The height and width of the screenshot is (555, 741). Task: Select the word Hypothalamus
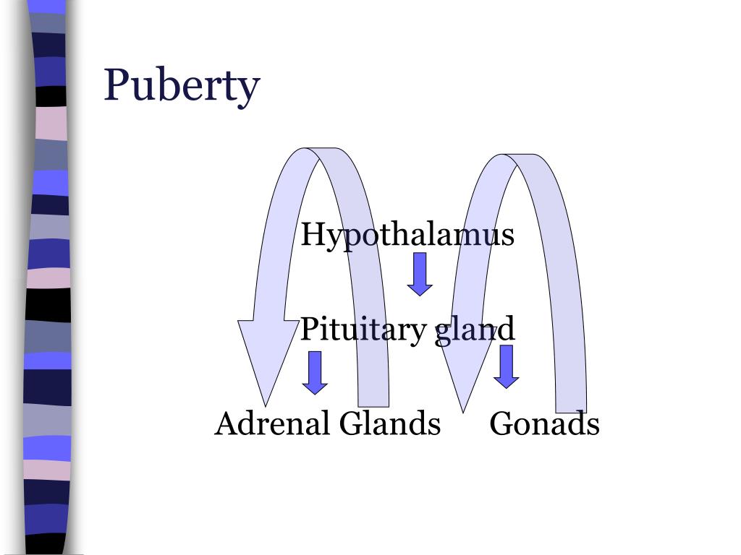[x=407, y=234]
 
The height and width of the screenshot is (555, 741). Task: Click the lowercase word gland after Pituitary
[x=475, y=330]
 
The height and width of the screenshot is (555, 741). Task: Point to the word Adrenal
[x=272, y=423]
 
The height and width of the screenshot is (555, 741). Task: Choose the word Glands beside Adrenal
[x=390, y=423]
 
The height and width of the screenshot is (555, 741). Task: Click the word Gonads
[x=544, y=423]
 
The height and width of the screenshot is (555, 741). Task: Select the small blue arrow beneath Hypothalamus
[x=420, y=273]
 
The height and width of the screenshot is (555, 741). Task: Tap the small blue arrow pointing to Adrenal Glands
[x=315, y=372]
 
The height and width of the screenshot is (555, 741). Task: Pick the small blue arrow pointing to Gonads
[x=506, y=366]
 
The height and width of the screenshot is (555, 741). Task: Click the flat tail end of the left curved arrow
[x=373, y=401]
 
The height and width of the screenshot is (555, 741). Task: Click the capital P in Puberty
[x=117, y=85]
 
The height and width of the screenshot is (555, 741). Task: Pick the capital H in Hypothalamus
[x=312, y=234]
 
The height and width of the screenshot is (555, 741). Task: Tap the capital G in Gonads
[x=501, y=423]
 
